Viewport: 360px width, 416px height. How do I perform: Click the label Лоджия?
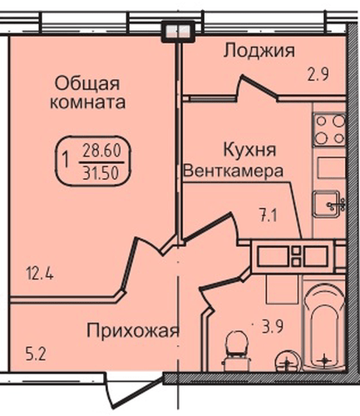click(259, 52)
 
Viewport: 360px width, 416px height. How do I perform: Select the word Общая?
click(88, 83)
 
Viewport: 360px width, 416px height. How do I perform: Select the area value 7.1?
click(266, 217)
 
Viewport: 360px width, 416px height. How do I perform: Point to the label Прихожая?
click(133, 331)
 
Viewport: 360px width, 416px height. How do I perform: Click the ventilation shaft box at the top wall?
click(177, 30)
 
